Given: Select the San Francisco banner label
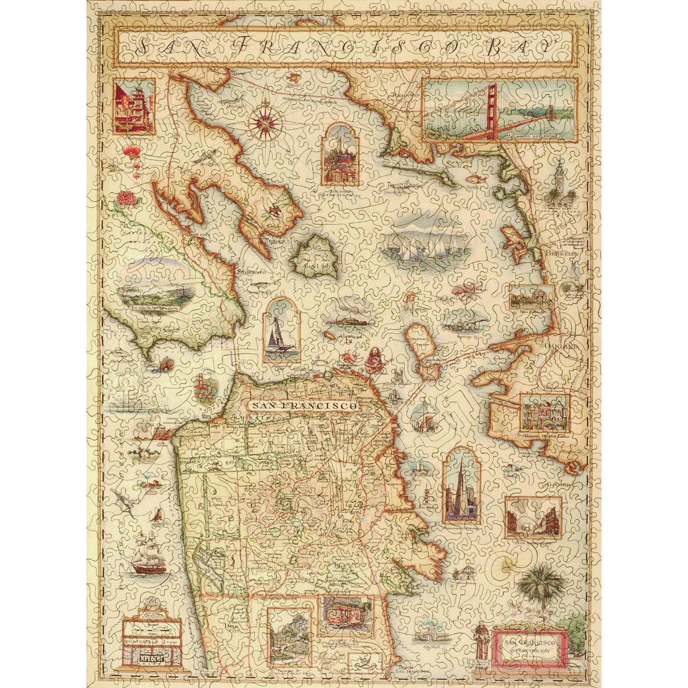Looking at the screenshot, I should [x=303, y=405].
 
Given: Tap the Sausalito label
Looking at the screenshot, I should [x=252, y=271].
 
